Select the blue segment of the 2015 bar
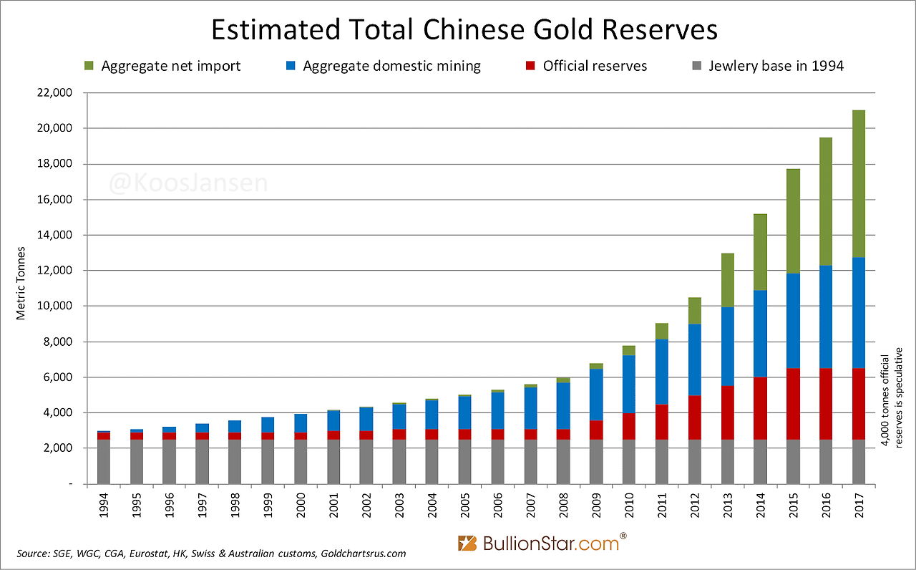793,321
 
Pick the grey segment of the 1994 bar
104,462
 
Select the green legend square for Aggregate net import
89,66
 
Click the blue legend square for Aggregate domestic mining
291,66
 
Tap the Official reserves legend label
595,66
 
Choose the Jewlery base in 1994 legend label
776,66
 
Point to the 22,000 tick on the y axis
59,93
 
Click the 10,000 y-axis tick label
59,306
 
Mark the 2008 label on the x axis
563,507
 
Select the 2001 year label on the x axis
333,507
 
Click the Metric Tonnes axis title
21,283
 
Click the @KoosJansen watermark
188,183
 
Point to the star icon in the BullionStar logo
467,543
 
